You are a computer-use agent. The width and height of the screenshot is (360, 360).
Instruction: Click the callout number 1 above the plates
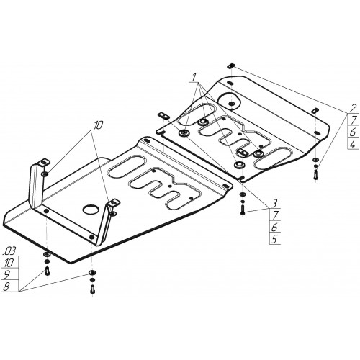194,77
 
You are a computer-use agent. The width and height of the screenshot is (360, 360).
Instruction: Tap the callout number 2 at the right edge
353,109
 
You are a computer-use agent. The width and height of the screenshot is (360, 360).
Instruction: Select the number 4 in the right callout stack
353,144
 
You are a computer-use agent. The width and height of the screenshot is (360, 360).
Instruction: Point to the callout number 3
274,204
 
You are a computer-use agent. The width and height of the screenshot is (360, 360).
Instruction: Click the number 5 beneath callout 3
274,239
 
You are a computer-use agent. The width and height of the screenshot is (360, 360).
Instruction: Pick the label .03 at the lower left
9,251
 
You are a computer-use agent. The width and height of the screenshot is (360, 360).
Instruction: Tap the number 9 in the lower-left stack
7,274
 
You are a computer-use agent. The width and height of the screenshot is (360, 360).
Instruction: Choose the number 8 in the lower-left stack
6,287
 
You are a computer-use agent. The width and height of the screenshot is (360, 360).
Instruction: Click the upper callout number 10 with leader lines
98,125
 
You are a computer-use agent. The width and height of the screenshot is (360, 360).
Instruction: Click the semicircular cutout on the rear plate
229,100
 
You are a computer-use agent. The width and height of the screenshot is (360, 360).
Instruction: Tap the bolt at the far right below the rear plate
315,174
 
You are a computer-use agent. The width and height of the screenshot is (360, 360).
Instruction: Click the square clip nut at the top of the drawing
231,65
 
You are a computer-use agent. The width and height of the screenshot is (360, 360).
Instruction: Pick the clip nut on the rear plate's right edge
315,111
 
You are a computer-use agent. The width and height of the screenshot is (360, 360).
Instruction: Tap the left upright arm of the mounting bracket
35,185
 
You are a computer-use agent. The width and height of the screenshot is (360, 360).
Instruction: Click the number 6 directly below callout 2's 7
353,132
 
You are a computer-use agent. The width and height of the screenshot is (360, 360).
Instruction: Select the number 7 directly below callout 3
274,215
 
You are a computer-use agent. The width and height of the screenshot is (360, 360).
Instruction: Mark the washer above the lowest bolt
92,272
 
